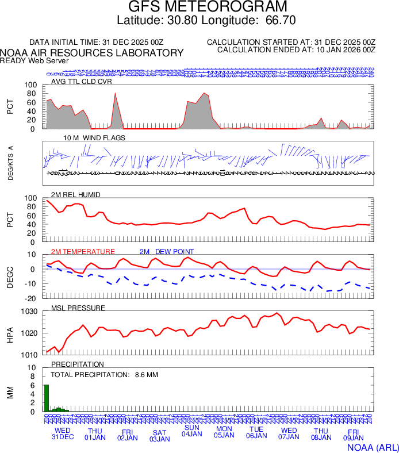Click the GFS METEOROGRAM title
199,7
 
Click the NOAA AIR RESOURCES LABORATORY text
92,52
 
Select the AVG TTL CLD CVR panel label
82,82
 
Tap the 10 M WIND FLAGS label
94,138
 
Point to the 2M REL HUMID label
76,195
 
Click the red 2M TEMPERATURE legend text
83,252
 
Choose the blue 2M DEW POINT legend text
167,252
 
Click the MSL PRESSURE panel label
78,308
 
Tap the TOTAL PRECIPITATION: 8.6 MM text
104,375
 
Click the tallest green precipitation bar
47,398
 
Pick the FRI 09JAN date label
353,435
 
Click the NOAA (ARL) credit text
372,446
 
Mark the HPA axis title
10,333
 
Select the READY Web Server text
34,60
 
